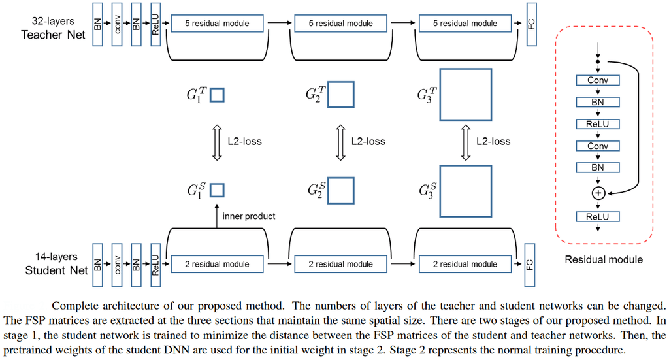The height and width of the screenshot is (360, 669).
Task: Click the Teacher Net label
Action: tap(53, 35)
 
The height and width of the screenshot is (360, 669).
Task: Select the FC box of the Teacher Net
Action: tap(531, 24)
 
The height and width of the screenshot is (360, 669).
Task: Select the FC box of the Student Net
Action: tap(531, 264)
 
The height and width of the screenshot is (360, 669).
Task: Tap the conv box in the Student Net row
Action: tap(117, 264)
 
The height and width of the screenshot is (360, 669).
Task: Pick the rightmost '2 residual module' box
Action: tap(465, 264)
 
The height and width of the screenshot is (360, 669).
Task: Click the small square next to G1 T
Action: tap(217, 95)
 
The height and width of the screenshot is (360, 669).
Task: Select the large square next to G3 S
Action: tap(465, 190)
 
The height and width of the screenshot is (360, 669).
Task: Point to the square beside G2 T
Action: tap(340, 95)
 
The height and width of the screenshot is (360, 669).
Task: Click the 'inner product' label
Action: tap(249, 216)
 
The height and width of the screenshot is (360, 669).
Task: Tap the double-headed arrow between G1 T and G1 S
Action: tap(217, 141)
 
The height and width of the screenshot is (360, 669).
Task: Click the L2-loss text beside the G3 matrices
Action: tap(493, 141)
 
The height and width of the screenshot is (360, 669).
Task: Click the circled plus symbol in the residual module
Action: tap(598, 193)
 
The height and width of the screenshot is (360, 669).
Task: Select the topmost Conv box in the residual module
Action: tap(598, 80)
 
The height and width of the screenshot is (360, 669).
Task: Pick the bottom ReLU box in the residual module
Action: tap(598, 217)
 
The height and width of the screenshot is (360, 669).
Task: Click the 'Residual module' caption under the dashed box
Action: tap(604, 260)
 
